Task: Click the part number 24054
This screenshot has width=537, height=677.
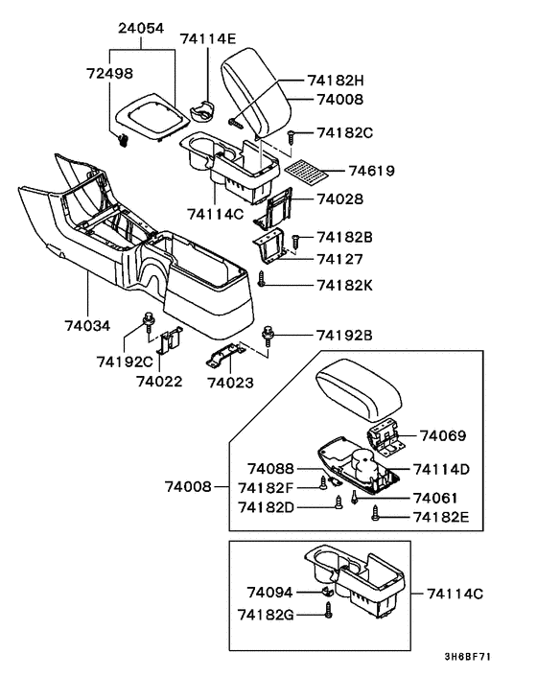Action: [142, 30]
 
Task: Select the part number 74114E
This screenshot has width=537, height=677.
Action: [208, 38]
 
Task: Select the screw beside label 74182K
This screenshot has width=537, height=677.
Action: [262, 280]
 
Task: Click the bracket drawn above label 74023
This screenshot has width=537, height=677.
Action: [230, 358]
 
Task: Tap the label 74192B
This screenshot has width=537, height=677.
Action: [344, 335]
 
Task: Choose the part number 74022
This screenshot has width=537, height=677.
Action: [158, 381]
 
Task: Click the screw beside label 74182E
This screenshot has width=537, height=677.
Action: [375, 514]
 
